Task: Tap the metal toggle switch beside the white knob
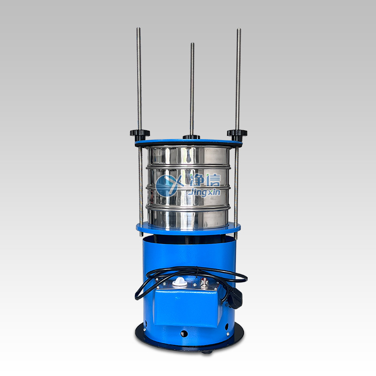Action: (204, 282)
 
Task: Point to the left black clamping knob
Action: (140, 134)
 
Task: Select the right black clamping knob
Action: (237, 134)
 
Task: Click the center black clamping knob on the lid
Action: (191, 137)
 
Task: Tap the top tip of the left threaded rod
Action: (138, 28)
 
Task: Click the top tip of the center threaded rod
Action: (192, 43)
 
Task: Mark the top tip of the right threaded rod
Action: (239, 29)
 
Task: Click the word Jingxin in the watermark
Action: (204, 193)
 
